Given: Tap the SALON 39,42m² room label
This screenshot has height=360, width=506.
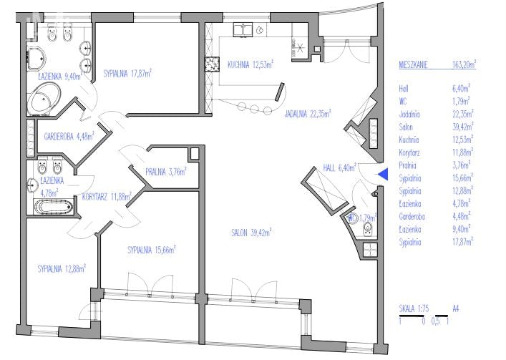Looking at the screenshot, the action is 251,233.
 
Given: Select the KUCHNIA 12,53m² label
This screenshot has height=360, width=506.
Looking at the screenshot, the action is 250,64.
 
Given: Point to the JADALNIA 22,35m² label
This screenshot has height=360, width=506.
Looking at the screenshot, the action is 308,114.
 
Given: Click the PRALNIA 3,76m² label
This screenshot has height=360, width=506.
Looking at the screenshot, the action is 166,172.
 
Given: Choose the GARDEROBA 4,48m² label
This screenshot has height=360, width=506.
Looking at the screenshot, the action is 69,136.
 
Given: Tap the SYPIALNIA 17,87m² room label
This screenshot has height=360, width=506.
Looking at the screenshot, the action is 127,74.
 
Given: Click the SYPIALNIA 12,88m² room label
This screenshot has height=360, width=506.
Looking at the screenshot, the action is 62,268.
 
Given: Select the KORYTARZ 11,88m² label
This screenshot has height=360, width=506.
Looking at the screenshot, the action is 107,196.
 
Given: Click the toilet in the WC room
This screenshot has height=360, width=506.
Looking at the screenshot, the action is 368,228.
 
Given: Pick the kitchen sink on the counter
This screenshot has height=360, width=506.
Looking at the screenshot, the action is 243,29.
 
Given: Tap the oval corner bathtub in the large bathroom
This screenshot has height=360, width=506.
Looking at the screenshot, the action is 44,97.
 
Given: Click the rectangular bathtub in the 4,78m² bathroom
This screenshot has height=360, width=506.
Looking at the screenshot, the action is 54,207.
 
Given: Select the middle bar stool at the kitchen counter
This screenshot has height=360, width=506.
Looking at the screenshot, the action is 255,109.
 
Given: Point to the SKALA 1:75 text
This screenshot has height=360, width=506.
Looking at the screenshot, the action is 414,308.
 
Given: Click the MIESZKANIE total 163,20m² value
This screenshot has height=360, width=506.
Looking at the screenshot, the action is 464,64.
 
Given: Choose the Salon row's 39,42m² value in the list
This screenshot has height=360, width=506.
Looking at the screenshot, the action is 463,127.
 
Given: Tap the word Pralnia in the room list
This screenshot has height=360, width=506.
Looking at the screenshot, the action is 407,165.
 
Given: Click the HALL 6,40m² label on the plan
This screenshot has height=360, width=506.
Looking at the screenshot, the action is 339,167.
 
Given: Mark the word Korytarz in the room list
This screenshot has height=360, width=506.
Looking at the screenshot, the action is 409,152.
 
